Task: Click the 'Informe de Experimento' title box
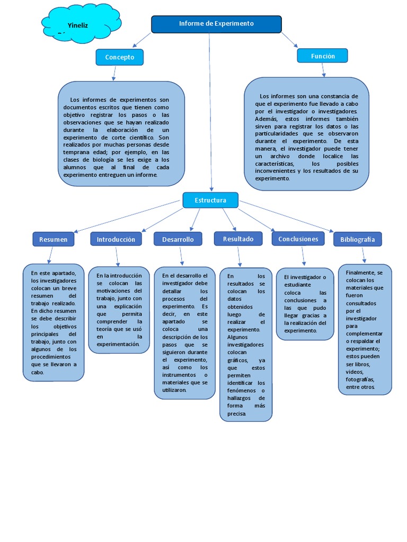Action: pos(216,24)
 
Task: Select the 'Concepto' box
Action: pos(119,57)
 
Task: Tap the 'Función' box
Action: pos(323,56)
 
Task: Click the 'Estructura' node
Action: pos(210,200)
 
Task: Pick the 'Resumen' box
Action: pos(54,239)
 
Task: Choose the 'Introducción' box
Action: pos(116,239)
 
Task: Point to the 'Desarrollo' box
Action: pos(178,239)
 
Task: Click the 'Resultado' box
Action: pos(238,239)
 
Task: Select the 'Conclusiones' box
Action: pos(298,239)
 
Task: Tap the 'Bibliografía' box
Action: pos(357,239)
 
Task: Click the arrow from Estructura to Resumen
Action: pos(127,216)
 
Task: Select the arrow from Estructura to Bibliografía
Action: pos(286,216)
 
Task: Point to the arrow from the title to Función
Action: pos(289,39)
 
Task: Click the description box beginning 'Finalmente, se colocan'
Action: pos(365,329)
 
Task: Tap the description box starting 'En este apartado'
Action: pos(54,322)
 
